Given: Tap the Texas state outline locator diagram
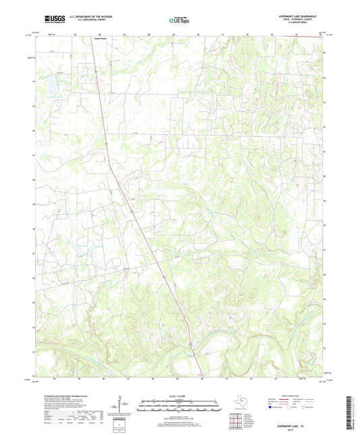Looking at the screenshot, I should pyautogui.click(x=242, y=403).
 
